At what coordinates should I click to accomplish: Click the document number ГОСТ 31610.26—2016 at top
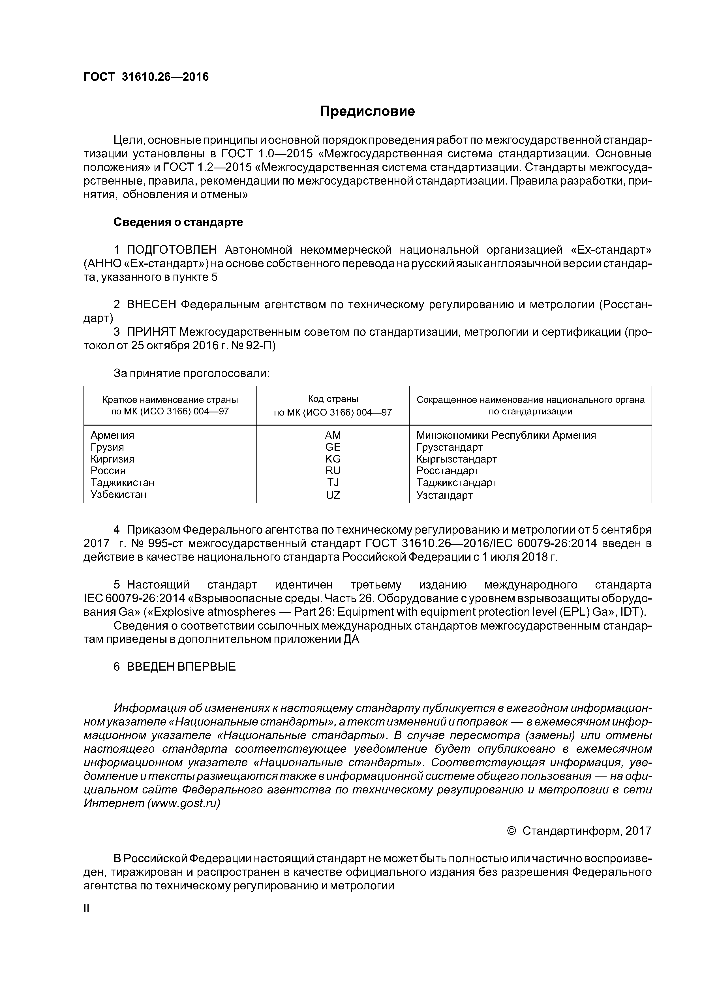[146, 77]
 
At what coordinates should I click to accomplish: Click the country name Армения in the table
[112, 435]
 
